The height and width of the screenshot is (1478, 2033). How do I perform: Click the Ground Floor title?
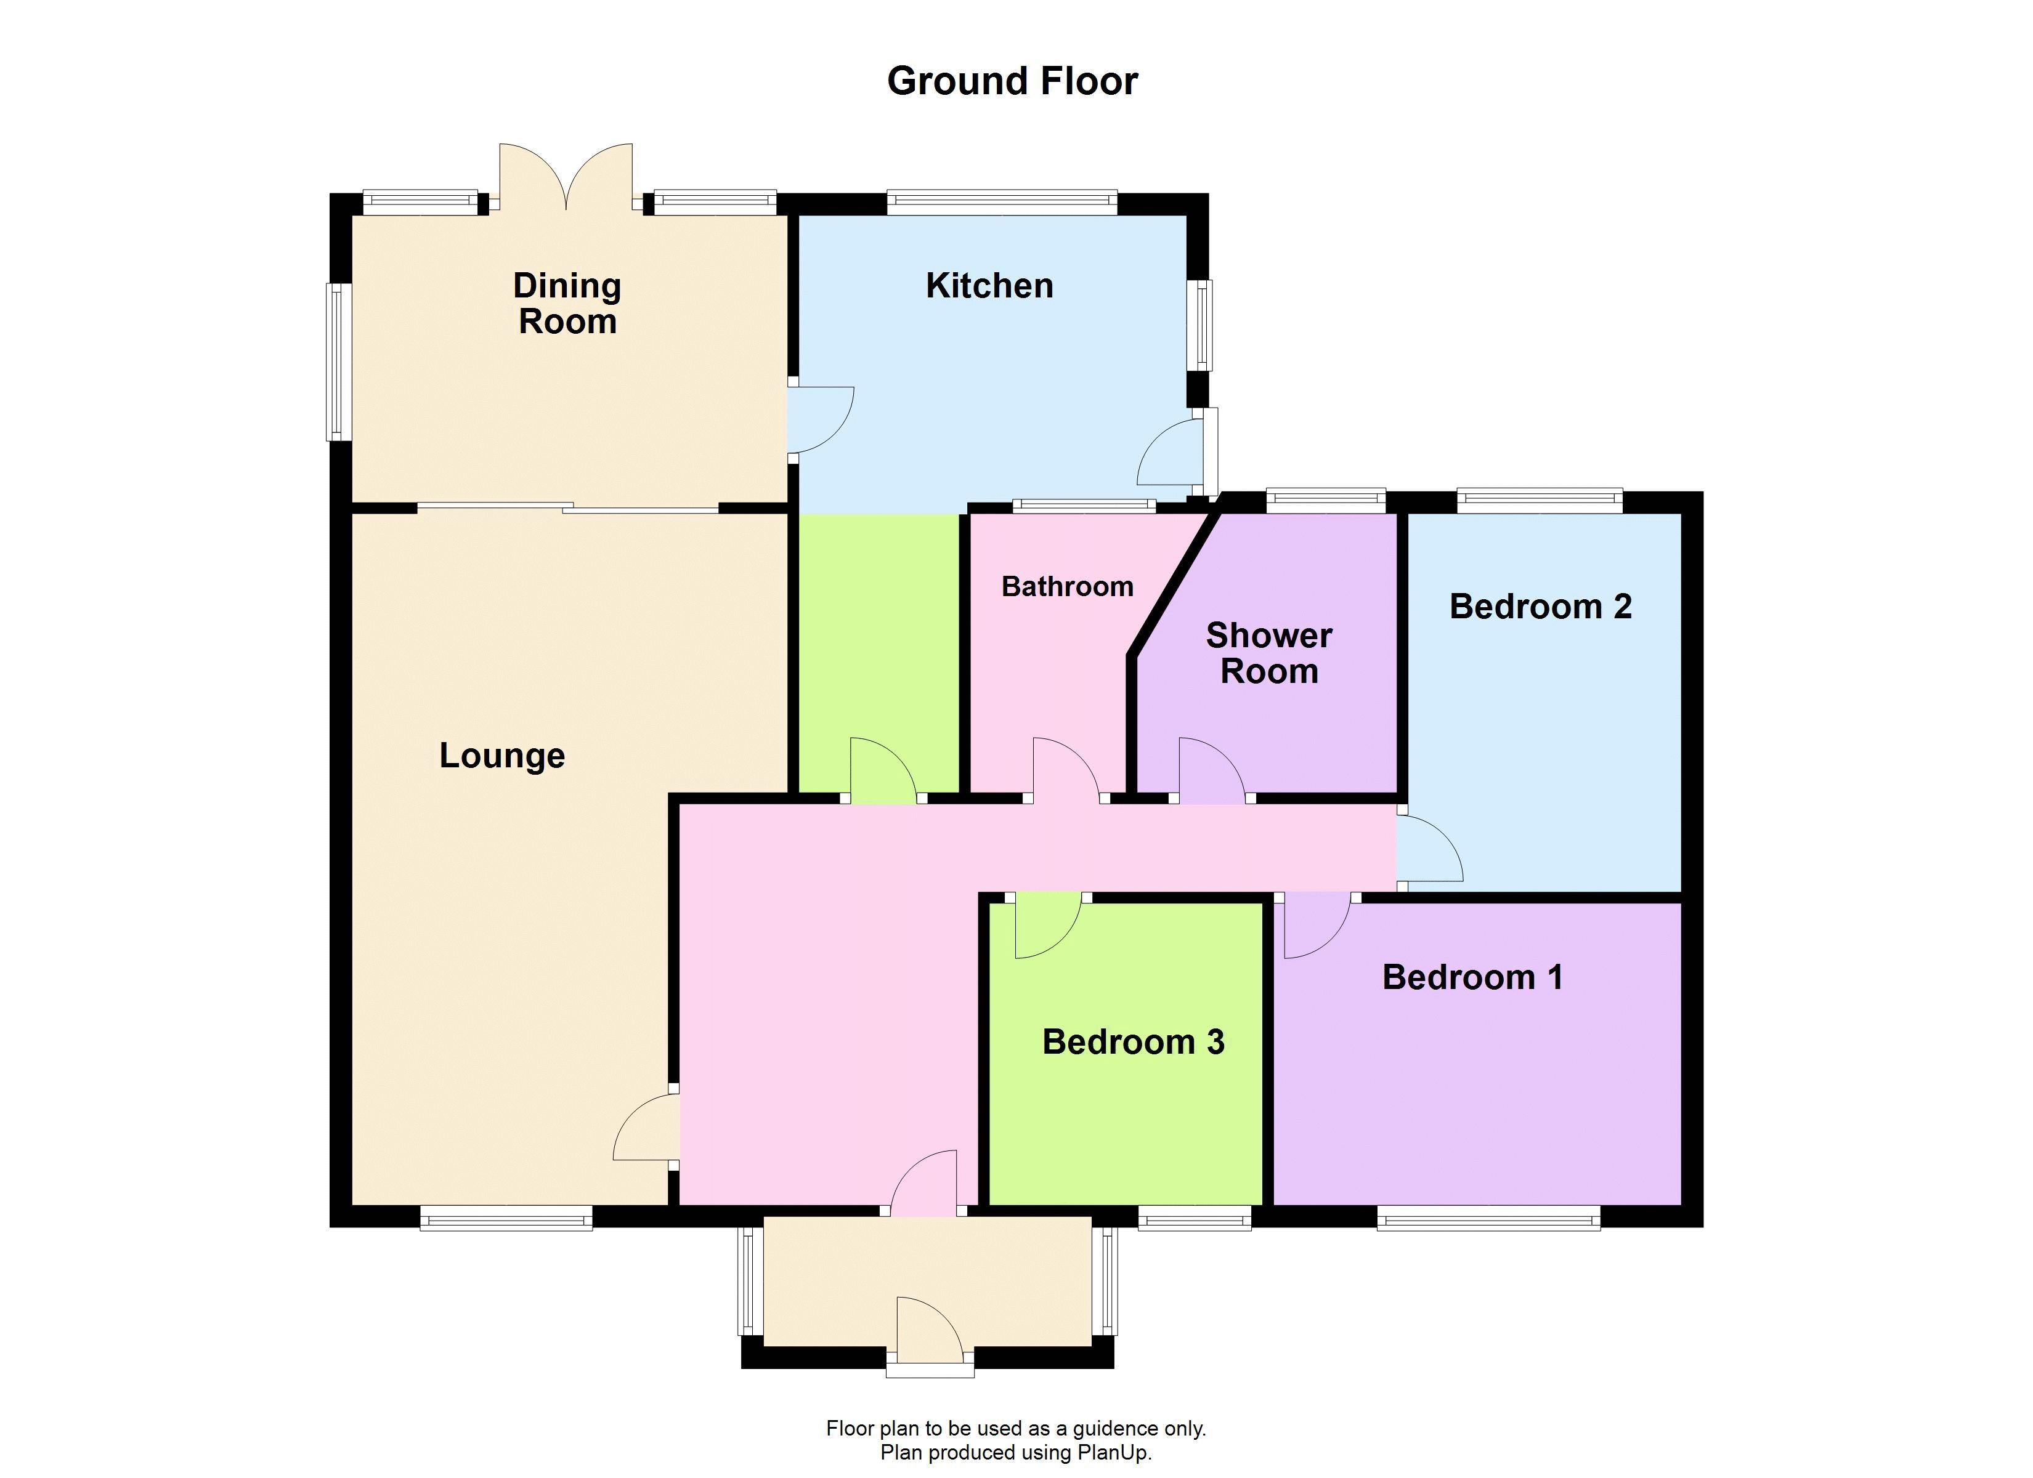1012,81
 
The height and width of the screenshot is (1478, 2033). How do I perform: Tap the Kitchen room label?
989,286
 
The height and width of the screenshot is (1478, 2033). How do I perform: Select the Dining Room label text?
567,304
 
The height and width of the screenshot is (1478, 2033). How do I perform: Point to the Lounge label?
502,756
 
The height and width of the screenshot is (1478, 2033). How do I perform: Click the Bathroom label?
1066,587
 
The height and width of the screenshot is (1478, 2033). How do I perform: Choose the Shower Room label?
1268,653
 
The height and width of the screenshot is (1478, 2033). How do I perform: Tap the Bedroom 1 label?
1473,977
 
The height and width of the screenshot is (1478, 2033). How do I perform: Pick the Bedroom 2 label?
1540,607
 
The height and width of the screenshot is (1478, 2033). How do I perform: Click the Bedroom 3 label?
1133,1041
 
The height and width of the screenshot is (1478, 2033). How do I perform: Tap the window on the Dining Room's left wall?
338,362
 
